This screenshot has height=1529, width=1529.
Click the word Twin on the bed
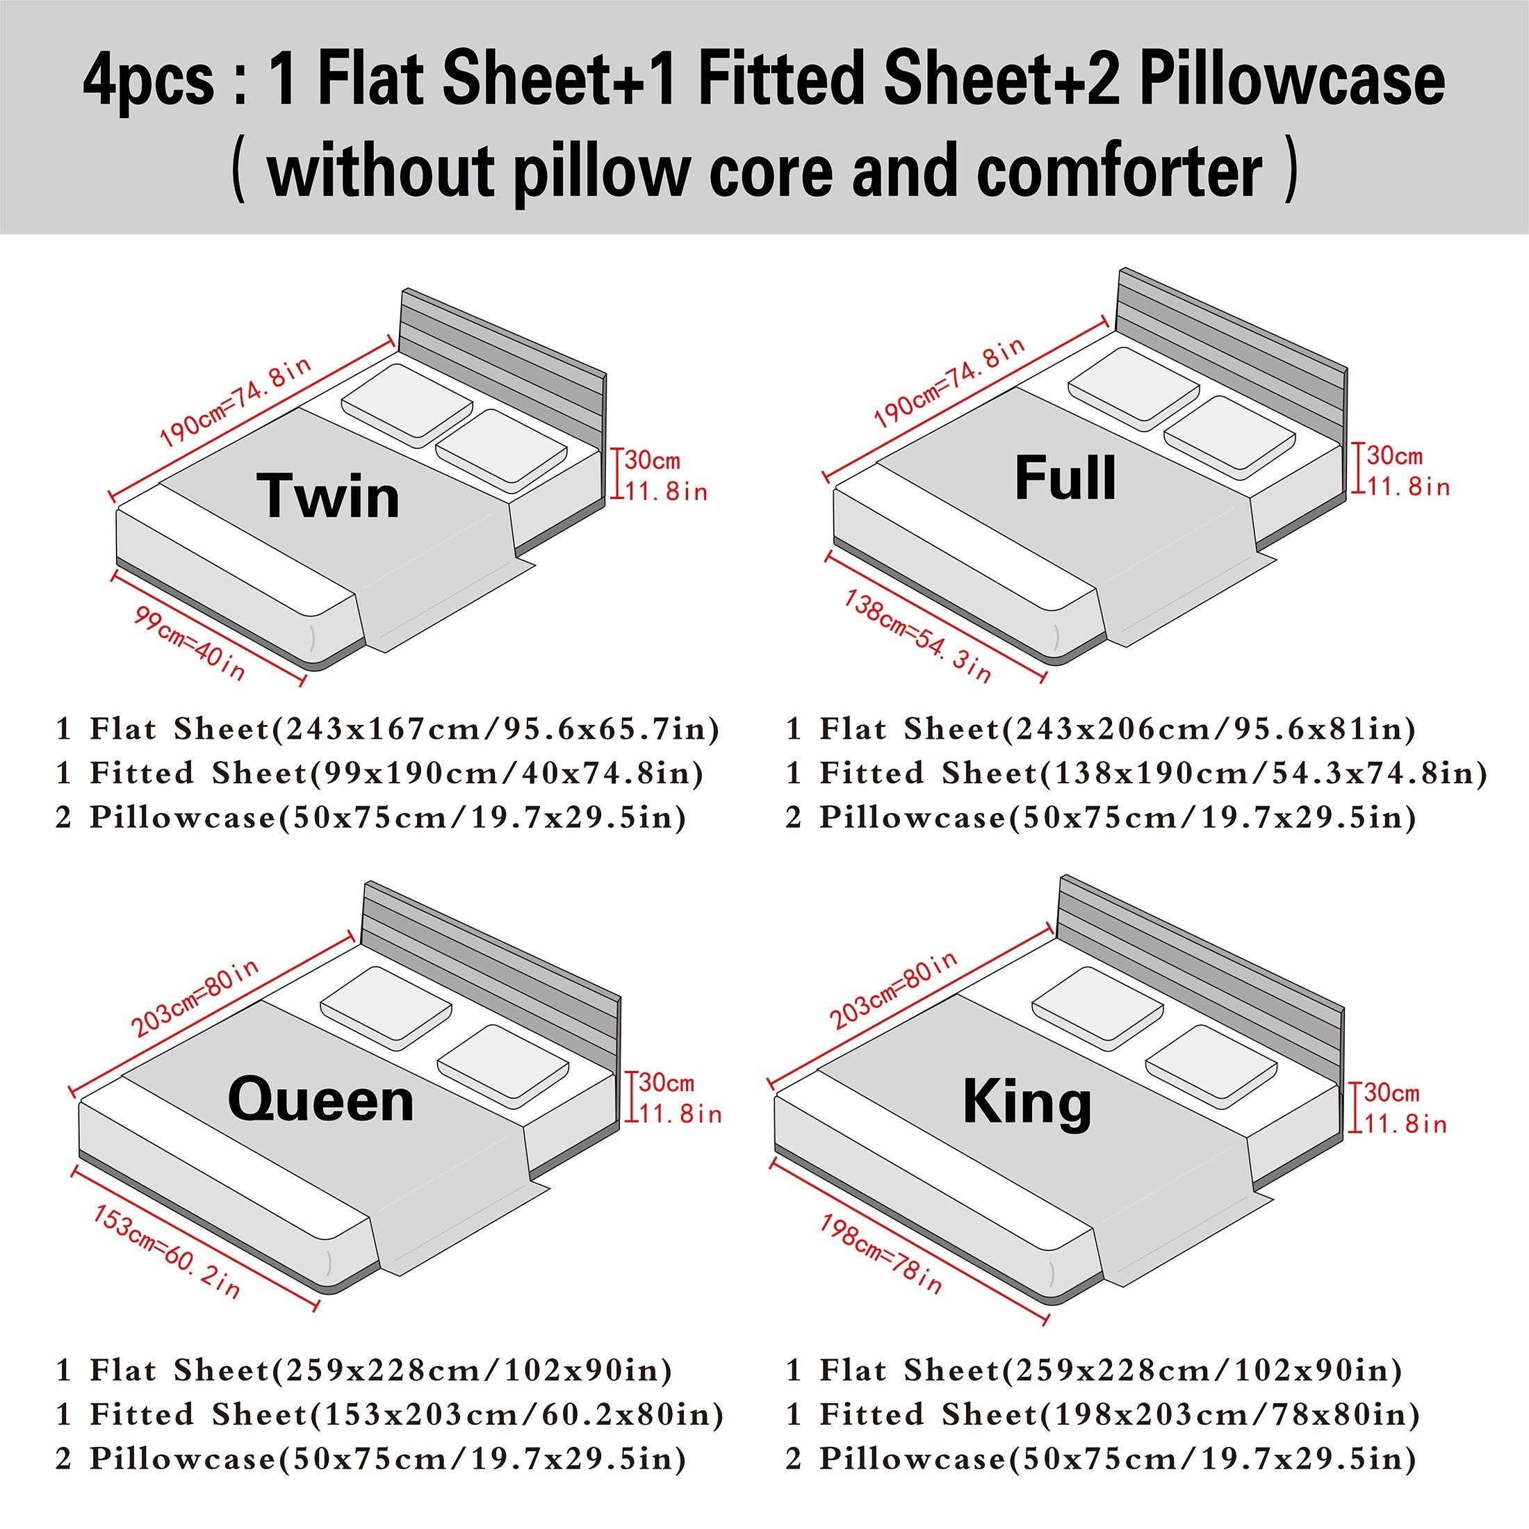tap(329, 496)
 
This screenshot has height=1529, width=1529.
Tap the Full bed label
tap(1065, 478)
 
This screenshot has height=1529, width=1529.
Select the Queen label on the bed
tap(320, 1100)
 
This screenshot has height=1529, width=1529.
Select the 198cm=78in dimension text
tap(881, 1254)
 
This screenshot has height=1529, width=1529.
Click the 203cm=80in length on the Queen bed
tap(195, 997)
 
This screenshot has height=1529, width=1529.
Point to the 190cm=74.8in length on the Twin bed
tap(235, 401)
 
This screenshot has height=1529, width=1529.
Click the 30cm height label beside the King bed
tap(1391, 1094)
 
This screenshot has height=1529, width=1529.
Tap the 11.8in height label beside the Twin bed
tap(667, 491)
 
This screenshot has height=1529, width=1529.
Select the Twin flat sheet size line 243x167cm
tap(387, 728)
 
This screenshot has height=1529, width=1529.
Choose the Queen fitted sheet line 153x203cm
tap(389, 1414)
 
